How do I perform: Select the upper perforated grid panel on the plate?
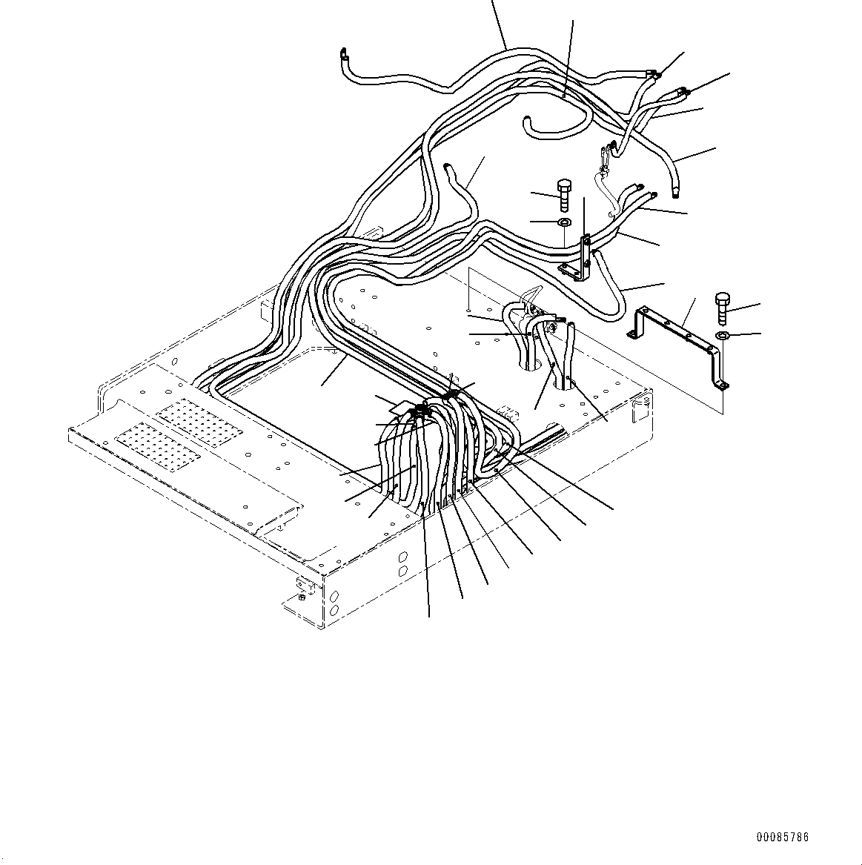[x=201, y=422]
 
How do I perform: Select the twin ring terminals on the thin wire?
[x=607, y=153]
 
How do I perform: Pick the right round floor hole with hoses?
[x=568, y=382]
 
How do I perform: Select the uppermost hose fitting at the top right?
[x=653, y=73]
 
